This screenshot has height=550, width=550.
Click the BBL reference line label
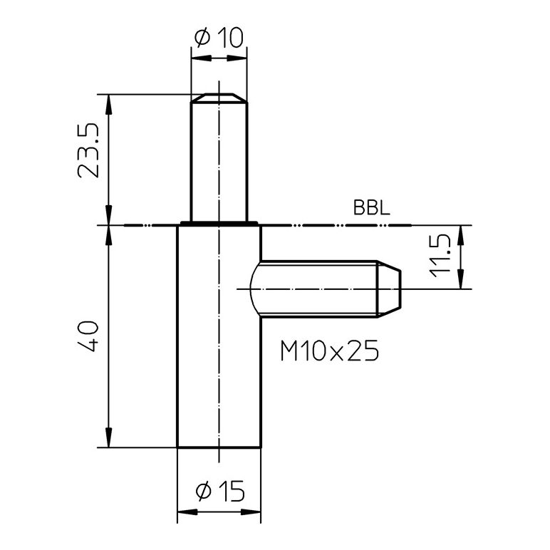click(x=372, y=210)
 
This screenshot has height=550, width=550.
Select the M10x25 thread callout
click(x=328, y=351)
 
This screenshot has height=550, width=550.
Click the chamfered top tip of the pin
click(x=219, y=98)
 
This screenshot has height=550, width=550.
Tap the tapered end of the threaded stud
click(x=390, y=288)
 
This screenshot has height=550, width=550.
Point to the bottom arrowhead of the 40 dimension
click(x=109, y=440)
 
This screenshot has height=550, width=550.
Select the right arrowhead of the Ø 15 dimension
click(x=255, y=512)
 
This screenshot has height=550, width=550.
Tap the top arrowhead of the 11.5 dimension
click(x=462, y=233)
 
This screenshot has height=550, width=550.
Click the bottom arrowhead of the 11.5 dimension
click(x=462, y=281)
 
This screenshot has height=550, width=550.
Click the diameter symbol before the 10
click(x=202, y=38)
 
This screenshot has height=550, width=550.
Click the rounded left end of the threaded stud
click(x=253, y=289)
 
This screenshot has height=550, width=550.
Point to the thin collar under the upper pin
click(x=219, y=224)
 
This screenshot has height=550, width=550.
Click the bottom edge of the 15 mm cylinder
click(x=219, y=447)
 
